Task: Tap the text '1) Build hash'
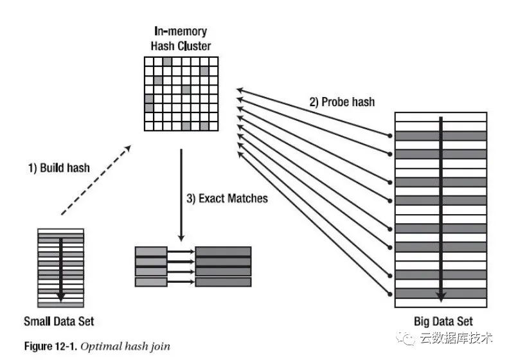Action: coord(59,168)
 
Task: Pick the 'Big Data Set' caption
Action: coord(443,321)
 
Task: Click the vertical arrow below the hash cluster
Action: coord(181,193)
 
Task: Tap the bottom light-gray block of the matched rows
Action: coord(151,282)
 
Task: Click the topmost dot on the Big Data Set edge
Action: coord(389,136)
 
